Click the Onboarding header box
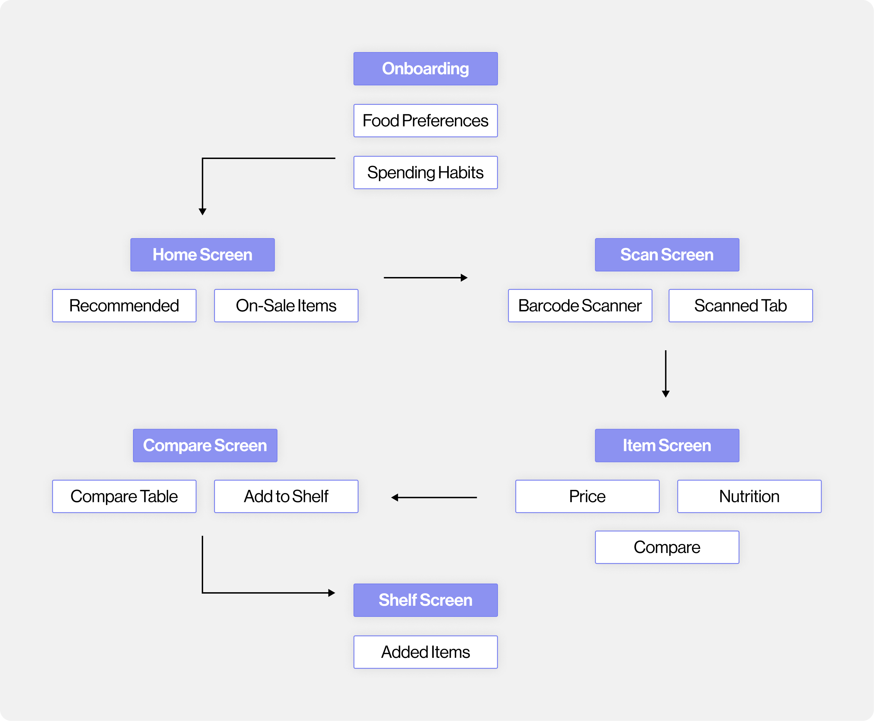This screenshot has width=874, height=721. (425, 68)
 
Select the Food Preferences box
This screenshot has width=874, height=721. (425, 120)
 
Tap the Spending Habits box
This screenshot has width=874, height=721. (425, 173)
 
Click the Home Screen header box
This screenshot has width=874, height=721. (202, 254)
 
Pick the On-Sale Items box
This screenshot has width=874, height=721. (286, 306)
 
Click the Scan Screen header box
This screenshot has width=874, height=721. (667, 254)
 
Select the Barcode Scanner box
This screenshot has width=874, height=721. (580, 306)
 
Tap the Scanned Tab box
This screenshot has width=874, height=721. (740, 306)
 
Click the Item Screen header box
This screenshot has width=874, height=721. (667, 445)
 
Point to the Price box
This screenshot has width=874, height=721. (587, 496)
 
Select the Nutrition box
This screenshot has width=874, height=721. (749, 496)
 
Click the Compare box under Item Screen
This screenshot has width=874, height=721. (667, 547)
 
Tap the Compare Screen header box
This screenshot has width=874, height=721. (205, 445)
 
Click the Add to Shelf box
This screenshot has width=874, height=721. (286, 496)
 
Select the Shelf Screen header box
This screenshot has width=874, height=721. (425, 600)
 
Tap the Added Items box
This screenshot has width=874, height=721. (425, 652)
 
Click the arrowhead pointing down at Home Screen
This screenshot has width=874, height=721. (202, 212)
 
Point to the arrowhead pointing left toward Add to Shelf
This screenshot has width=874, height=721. (394, 497)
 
